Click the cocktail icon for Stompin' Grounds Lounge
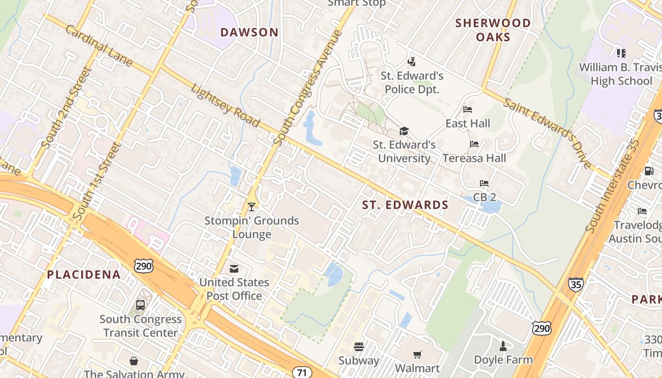coord(252,207)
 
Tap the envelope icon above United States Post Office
coord(234,269)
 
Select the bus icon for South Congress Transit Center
coord(140,305)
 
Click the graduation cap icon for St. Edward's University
coord(404,131)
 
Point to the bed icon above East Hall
coord(468,110)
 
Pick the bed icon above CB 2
coord(484,183)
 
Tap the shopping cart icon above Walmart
coord(417,354)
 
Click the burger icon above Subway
coord(359,347)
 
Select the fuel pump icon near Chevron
coord(649,171)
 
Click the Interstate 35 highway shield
coord(576,284)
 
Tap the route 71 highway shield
coord(302,372)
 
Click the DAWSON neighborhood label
coord(249,32)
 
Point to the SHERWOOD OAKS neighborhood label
coord(493,30)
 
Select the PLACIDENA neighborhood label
coord(84,275)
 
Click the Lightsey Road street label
coord(226,105)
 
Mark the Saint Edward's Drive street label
coord(548,133)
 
